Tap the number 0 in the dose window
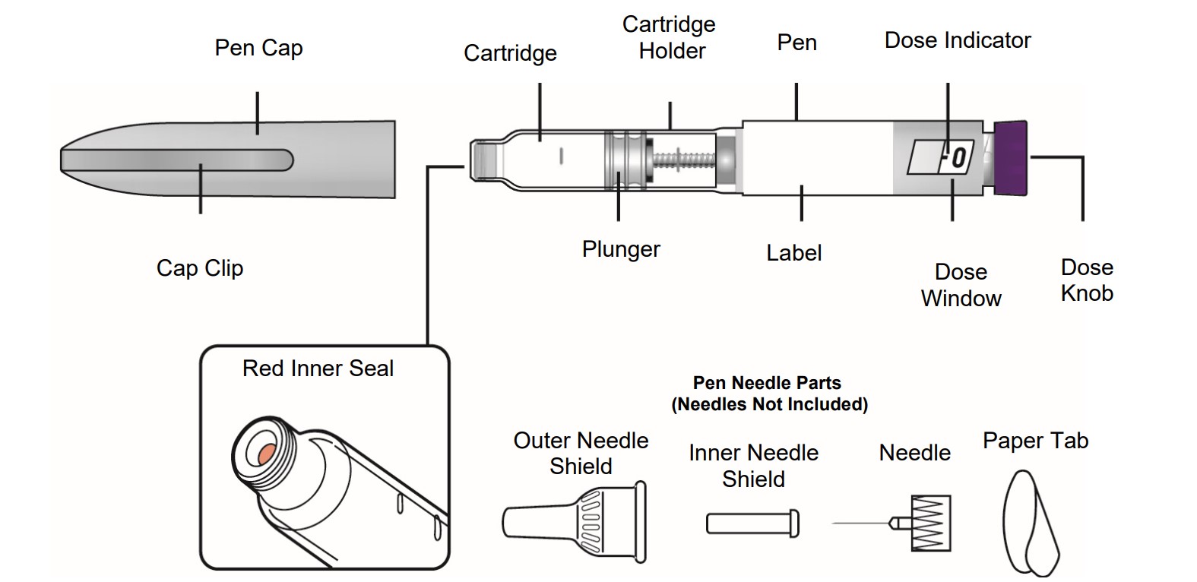click(958, 158)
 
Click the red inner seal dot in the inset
click(267, 454)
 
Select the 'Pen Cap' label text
click(258, 48)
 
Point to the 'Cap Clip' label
click(200, 268)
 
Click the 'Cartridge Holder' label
click(670, 38)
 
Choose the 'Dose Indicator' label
click(958, 40)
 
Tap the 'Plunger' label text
click(621, 249)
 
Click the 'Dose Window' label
click(961, 285)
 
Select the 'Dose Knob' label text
click(1087, 280)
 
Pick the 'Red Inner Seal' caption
click(318, 368)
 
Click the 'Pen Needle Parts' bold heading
click(768, 383)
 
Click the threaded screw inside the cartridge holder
click(684, 159)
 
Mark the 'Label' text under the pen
click(793, 253)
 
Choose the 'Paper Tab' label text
click(1035, 441)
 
